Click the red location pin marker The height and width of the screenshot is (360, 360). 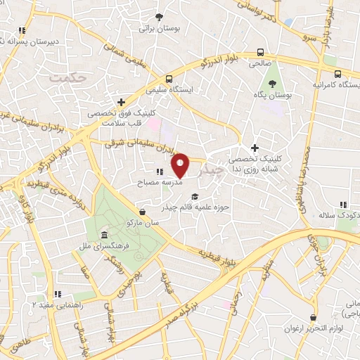(x=181, y=165)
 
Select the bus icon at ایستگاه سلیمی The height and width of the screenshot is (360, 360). (x=169, y=79)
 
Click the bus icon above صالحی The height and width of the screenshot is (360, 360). (x=261, y=52)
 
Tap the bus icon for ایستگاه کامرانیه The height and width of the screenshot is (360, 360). (x=338, y=73)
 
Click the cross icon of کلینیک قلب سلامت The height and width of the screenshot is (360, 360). (x=122, y=101)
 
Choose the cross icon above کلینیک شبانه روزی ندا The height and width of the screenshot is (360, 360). (x=255, y=148)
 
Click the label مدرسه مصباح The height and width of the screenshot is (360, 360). (x=163, y=181)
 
